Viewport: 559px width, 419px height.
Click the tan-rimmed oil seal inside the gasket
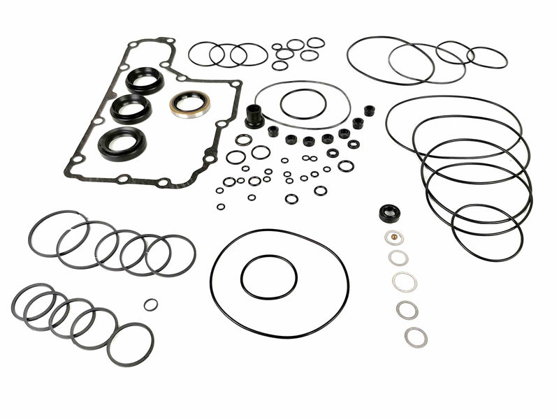point(189,105)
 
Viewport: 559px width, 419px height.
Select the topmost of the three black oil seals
point(145,80)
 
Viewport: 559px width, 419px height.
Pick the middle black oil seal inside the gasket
point(131,109)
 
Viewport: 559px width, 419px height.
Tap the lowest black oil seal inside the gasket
point(122,143)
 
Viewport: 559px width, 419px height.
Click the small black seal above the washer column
point(389,213)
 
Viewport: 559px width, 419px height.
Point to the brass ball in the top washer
point(394,237)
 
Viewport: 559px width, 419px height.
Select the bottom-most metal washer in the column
point(416,337)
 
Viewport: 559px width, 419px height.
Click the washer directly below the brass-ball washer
point(398,258)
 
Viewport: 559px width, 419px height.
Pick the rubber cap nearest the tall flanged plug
point(273,131)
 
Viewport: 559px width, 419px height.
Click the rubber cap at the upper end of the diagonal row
point(369,110)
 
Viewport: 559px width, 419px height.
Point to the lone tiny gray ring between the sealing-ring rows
point(150,304)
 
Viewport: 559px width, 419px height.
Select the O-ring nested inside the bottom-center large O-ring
point(269,277)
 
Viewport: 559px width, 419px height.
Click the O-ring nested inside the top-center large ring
point(303,104)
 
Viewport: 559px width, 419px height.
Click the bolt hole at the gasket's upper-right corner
point(235,84)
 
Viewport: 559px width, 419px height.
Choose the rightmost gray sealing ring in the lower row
point(130,345)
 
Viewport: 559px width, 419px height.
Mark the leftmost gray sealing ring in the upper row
point(59,233)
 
